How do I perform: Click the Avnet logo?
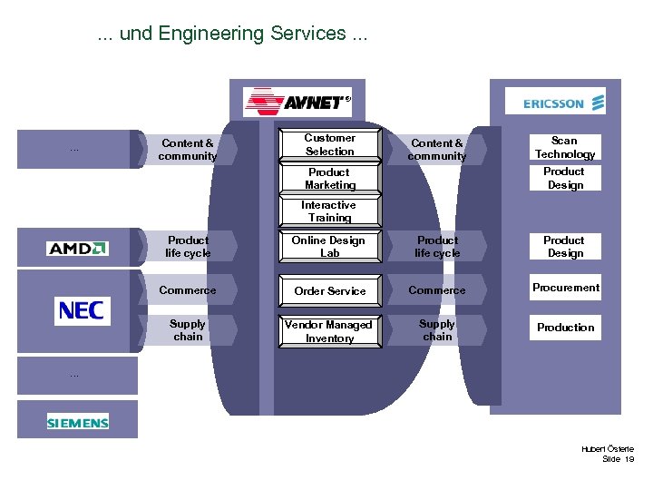[297, 101]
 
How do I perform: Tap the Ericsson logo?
[563, 103]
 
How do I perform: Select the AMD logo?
[77, 248]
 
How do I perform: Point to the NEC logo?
[81, 310]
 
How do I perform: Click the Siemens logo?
[78, 422]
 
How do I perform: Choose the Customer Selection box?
[329, 145]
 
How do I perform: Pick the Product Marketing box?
[329, 178]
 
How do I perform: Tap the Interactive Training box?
[329, 211]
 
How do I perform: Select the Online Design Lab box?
[329, 247]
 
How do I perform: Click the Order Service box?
[329, 290]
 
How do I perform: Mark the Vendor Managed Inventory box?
[329, 331]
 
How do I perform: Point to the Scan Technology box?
[564, 147]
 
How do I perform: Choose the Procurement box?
[565, 288]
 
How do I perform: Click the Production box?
[565, 328]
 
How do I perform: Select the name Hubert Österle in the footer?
[608, 448]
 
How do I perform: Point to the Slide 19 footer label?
[618, 459]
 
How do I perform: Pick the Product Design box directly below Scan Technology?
[564, 178]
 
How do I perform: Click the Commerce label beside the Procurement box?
[436, 290]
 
